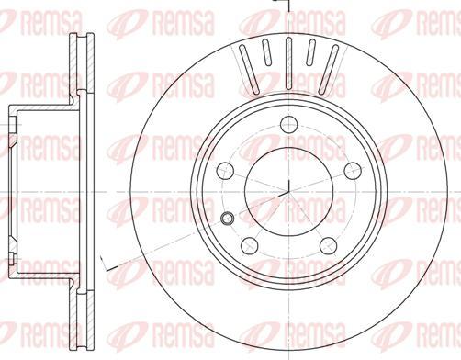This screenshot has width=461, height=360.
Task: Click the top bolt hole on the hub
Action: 288,124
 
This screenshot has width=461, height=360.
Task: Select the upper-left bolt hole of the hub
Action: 225,171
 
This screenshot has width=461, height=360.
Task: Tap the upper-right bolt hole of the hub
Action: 353,171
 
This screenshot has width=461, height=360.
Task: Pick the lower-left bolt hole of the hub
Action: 250,245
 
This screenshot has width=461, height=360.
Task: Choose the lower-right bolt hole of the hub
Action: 328,245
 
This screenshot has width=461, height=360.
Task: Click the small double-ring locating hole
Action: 227,218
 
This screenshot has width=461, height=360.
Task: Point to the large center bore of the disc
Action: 289,192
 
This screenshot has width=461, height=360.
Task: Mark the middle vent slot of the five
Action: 288,63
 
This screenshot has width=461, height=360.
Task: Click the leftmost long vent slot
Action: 249,69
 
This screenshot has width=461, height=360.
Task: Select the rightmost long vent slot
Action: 329,69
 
